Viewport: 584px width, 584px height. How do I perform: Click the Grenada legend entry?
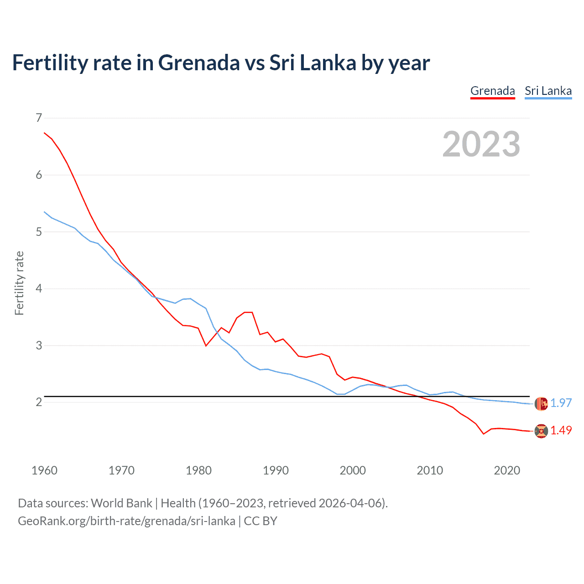click(492, 91)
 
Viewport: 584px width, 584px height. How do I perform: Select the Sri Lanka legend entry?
click(548, 91)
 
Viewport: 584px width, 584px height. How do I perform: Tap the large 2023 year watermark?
click(481, 144)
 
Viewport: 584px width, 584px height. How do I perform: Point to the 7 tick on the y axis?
click(39, 118)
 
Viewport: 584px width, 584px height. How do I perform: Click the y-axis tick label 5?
click(39, 232)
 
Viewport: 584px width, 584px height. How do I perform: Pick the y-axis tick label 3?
click(39, 345)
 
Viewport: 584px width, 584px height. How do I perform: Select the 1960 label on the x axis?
click(44, 470)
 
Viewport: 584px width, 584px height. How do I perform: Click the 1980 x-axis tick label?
click(198, 470)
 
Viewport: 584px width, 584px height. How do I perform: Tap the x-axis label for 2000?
click(353, 470)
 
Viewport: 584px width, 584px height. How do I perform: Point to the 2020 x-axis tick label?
click(507, 470)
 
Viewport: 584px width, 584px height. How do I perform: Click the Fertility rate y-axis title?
click(19, 283)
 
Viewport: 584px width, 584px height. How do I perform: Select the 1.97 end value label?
click(561, 403)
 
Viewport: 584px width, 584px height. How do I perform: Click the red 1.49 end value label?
click(561, 430)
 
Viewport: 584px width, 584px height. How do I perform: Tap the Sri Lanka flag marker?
click(541, 403)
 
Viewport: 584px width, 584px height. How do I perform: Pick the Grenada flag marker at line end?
click(541, 431)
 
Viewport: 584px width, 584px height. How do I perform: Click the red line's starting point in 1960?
click(44, 133)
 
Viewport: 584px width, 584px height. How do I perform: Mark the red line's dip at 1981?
click(206, 346)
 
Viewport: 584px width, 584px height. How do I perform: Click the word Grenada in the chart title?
click(198, 63)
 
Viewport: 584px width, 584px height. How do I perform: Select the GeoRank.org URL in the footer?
click(126, 521)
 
